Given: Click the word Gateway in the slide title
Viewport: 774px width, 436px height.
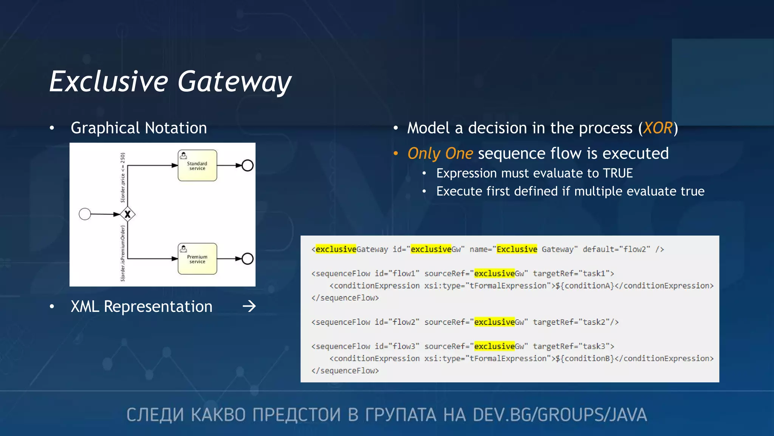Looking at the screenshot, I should [x=234, y=82].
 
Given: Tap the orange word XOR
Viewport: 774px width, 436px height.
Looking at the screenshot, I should [x=658, y=128].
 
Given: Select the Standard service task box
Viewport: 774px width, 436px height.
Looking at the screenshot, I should [x=197, y=166].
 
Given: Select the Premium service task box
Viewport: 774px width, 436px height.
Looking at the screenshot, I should [x=197, y=259].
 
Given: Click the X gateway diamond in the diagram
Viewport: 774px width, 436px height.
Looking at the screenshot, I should [x=128, y=214].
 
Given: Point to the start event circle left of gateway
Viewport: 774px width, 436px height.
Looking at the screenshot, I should [x=85, y=214].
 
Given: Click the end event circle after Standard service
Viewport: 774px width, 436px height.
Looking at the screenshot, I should [x=248, y=165].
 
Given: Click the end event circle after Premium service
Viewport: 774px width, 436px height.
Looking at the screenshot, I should [x=248, y=259].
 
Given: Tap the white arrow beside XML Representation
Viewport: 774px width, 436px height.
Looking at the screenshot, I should [x=249, y=306].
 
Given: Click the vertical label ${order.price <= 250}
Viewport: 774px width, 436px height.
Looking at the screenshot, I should [x=123, y=178].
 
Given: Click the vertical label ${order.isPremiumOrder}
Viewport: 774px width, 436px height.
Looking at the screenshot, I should [x=123, y=253].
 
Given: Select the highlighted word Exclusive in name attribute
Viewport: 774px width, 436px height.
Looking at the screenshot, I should [x=517, y=249].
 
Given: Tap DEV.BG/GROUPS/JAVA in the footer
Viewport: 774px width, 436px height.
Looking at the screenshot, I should [x=559, y=415].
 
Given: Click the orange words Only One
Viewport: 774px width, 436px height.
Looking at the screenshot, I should [x=440, y=154].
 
